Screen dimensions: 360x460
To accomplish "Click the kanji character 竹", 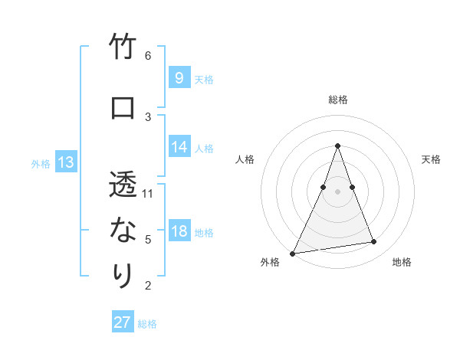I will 123,48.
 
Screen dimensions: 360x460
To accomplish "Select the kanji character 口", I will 123,108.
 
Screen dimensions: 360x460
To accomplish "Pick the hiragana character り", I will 123,274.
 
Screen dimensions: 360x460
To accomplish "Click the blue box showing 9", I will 179,77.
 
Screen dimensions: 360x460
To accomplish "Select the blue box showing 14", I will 179,147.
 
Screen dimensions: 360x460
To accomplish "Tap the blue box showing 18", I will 179,231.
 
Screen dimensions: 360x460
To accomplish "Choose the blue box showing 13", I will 65,162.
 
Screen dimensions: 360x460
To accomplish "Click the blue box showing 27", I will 123,322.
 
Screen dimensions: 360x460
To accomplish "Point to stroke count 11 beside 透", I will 148,193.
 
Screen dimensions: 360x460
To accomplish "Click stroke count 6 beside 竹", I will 148,56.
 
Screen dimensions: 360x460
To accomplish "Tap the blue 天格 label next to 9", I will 204,79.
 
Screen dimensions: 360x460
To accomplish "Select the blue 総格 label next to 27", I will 147,324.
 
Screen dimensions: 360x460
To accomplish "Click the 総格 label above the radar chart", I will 337,100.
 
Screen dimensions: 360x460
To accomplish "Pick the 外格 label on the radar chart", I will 270,262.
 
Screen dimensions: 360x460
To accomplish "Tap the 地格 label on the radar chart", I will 402,262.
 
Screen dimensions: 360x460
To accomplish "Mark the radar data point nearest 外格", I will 293,253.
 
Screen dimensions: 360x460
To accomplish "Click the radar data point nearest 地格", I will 374,242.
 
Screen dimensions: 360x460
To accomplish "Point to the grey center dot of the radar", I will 337,191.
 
